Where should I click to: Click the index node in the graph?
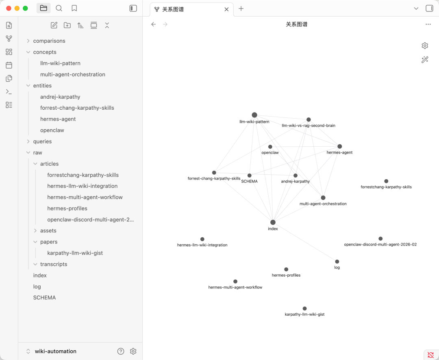(273, 222)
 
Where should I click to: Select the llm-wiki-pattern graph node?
(254, 115)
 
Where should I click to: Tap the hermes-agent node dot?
(339, 146)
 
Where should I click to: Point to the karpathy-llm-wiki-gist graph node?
(304, 308)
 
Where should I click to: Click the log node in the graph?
(337, 261)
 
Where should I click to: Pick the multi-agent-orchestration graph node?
(323, 197)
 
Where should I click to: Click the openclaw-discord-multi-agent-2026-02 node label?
(380, 244)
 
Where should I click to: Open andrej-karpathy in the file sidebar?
(60, 97)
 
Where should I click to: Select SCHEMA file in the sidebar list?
(45, 297)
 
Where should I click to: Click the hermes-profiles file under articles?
(67, 208)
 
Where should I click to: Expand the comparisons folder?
(49, 41)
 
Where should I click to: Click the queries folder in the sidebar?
(42, 141)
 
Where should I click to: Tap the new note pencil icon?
(54, 25)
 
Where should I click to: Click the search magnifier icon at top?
(59, 9)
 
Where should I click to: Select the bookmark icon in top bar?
(74, 9)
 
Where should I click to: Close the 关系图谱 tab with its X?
(226, 9)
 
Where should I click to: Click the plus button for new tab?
(241, 9)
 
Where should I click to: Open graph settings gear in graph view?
(425, 46)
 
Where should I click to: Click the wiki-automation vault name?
(55, 351)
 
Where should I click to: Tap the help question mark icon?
(121, 351)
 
